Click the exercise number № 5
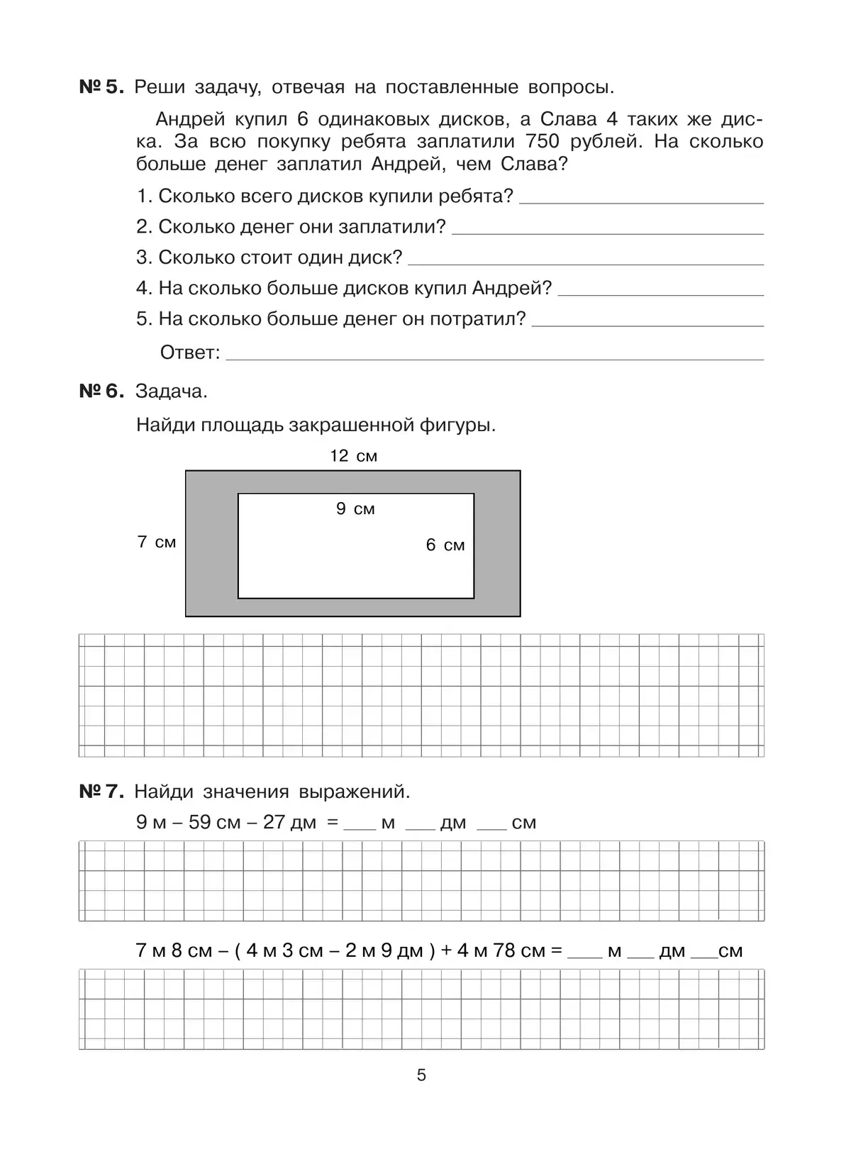click(x=101, y=88)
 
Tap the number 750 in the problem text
click(x=544, y=142)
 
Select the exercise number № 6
click(x=101, y=392)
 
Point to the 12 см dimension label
click(x=353, y=456)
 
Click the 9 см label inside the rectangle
click(x=355, y=509)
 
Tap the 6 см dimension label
click(x=445, y=545)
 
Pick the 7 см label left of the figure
click(x=156, y=543)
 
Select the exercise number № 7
click(x=101, y=792)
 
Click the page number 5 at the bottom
click(x=421, y=1075)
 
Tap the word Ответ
click(x=190, y=353)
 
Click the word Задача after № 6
click(x=171, y=392)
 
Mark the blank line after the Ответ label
click(x=494, y=356)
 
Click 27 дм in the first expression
click(x=289, y=823)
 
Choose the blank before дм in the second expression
click(x=640, y=955)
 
